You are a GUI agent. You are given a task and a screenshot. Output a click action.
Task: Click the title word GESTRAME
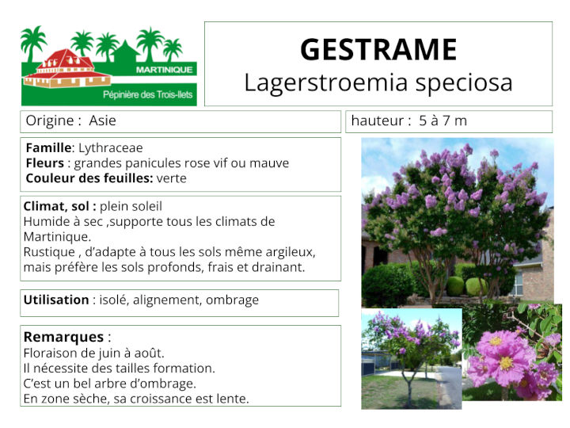click(378, 50)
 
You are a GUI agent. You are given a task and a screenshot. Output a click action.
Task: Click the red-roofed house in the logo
click(66, 69)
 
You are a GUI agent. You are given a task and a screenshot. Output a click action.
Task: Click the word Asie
click(103, 121)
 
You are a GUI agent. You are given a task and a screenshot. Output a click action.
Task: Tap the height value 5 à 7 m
click(443, 121)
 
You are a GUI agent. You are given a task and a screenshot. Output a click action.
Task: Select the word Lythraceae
click(111, 148)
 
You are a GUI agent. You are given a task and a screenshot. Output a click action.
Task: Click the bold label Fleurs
click(44, 163)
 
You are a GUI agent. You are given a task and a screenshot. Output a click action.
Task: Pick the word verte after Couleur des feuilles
click(172, 178)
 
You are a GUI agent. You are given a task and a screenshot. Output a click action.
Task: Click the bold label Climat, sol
click(59, 206)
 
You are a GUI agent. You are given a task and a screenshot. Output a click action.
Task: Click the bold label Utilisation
click(56, 300)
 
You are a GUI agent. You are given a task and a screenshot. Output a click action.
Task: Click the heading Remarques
click(63, 337)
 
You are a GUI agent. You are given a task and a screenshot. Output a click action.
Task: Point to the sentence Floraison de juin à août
click(94, 353)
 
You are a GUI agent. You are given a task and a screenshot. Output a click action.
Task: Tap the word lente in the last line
click(233, 398)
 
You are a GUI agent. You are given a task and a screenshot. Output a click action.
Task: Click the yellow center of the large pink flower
click(505, 362)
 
